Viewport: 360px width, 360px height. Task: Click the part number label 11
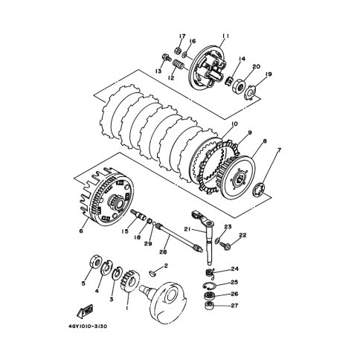click(x=225, y=36)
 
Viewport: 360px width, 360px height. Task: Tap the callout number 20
click(x=256, y=66)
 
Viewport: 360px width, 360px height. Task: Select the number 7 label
click(x=280, y=150)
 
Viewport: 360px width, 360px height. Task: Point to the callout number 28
click(x=163, y=252)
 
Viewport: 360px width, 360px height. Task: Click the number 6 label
click(x=81, y=231)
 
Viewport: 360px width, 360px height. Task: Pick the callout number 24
click(x=234, y=269)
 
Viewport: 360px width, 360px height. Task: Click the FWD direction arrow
click(x=85, y=311)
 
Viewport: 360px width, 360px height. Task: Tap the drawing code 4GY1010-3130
click(x=88, y=327)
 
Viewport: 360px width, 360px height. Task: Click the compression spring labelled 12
click(x=178, y=65)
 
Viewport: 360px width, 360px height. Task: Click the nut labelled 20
click(x=239, y=86)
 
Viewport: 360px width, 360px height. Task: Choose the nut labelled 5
click(x=96, y=261)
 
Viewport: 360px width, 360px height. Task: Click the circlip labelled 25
click(x=209, y=286)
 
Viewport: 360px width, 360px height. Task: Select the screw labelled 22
click(x=225, y=245)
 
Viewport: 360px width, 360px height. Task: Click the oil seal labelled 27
click(x=210, y=306)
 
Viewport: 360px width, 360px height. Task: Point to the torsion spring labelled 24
click(x=210, y=273)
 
